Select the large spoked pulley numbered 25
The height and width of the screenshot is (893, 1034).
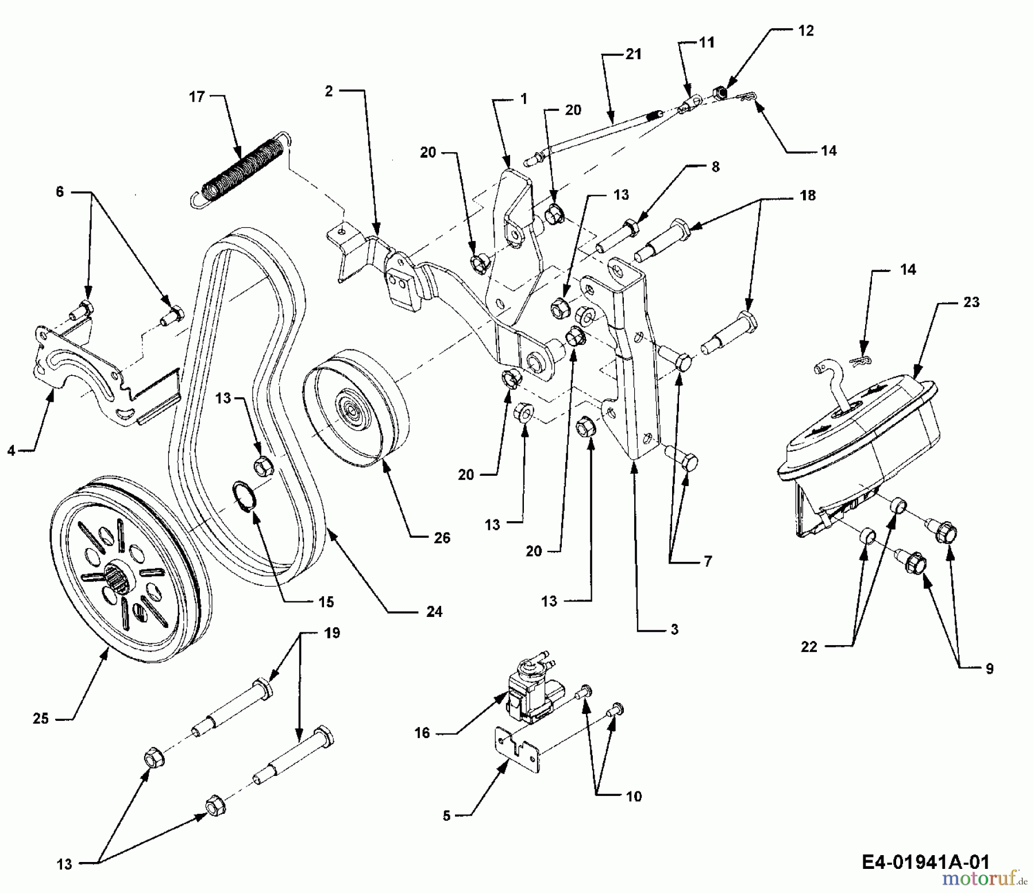[129, 568]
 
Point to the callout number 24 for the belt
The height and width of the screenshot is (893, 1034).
[434, 612]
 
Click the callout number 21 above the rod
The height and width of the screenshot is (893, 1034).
[633, 54]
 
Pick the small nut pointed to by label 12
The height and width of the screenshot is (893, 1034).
[719, 92]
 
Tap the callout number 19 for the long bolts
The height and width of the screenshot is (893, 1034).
[332, 633]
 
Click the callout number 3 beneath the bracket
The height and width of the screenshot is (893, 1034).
[674, 630]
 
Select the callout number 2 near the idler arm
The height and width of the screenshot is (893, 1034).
[329, 91]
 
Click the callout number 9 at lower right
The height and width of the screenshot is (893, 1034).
[989, 669]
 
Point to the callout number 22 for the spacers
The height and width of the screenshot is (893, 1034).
[809, 647]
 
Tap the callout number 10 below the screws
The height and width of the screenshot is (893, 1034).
[634, 796]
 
